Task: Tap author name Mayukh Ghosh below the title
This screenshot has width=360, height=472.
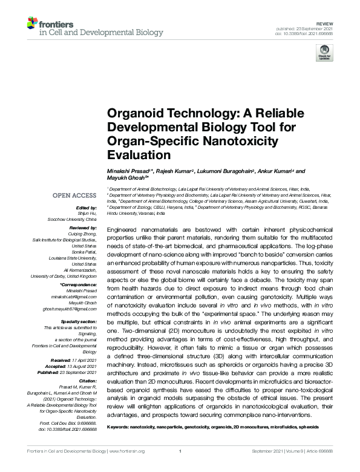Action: [x=128, y=180]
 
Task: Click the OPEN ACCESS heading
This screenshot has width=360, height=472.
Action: [x=74, y=195]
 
